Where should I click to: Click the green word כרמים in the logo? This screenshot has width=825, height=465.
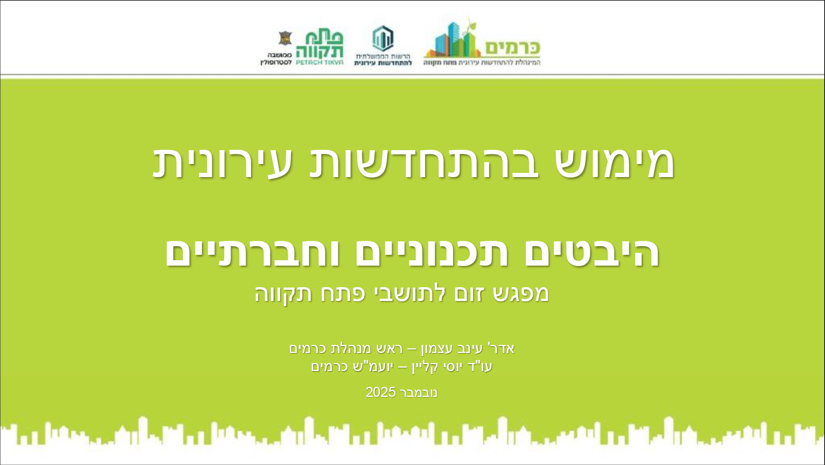pyautogui.click(x=512, y=48)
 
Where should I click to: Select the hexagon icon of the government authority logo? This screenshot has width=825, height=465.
pyautogui.click(x=383, y=38)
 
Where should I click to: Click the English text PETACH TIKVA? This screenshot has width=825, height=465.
pyautogui.click(x=319, y=62)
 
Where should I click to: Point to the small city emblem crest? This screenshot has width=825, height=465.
pyautogui.click(x=285, y=38)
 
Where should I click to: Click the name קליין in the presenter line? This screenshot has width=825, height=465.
pyautogui.click(x=426, y=367)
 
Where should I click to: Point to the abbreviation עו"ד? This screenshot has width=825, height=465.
pyautogui.click(x=482, y=367)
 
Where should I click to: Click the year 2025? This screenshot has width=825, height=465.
pyautogui.click(x=381, y=393)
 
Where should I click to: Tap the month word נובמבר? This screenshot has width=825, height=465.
pyautogui.click(x=419, y=393)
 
